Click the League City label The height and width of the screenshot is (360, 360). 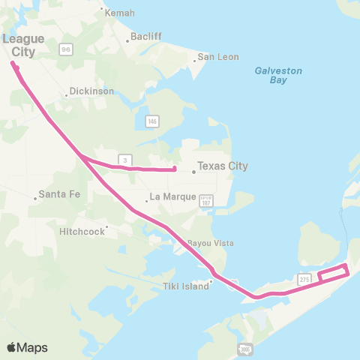[23, 44]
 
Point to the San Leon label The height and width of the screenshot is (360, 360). [217, 57]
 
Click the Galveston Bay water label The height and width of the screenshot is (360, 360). [277, 75]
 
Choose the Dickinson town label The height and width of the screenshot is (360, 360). [91, 91]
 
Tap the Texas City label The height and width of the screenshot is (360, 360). [222, 166]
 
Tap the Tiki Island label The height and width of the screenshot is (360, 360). [185, 286]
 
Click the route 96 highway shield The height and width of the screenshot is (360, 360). [66, 49]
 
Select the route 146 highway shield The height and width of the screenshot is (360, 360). [152, 121]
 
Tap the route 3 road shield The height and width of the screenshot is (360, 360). [125, 160]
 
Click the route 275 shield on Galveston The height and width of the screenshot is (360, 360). [304, 278]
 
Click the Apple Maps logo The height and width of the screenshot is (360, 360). [27, 347]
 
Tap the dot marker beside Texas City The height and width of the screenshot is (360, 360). [193, 172]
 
